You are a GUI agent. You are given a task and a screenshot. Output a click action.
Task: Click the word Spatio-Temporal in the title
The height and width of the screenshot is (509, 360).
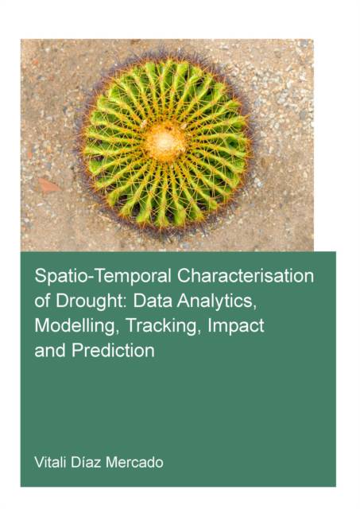103,277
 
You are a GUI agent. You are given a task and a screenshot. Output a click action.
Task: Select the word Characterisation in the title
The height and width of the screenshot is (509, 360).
246,276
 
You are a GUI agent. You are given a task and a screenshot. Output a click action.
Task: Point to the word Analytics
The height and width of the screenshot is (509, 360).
215,301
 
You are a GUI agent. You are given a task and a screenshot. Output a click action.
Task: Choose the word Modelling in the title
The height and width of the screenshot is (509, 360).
75,326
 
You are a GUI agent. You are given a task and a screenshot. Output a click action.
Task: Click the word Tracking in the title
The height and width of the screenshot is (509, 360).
161,326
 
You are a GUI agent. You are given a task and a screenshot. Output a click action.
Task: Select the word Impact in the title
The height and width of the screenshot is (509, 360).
236,326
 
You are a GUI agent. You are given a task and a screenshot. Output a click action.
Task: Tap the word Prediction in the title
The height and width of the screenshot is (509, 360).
113,350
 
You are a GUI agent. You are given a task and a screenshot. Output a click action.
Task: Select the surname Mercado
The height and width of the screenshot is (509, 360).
134,462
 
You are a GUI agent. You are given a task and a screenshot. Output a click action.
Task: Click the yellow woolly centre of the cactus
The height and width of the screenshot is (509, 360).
165,142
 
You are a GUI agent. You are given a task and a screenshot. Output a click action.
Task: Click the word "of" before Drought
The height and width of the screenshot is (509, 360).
42,301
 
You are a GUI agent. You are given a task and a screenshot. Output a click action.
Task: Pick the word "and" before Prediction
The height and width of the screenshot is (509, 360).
50,350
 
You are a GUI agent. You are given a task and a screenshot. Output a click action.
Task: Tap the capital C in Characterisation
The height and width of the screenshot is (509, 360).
184,276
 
